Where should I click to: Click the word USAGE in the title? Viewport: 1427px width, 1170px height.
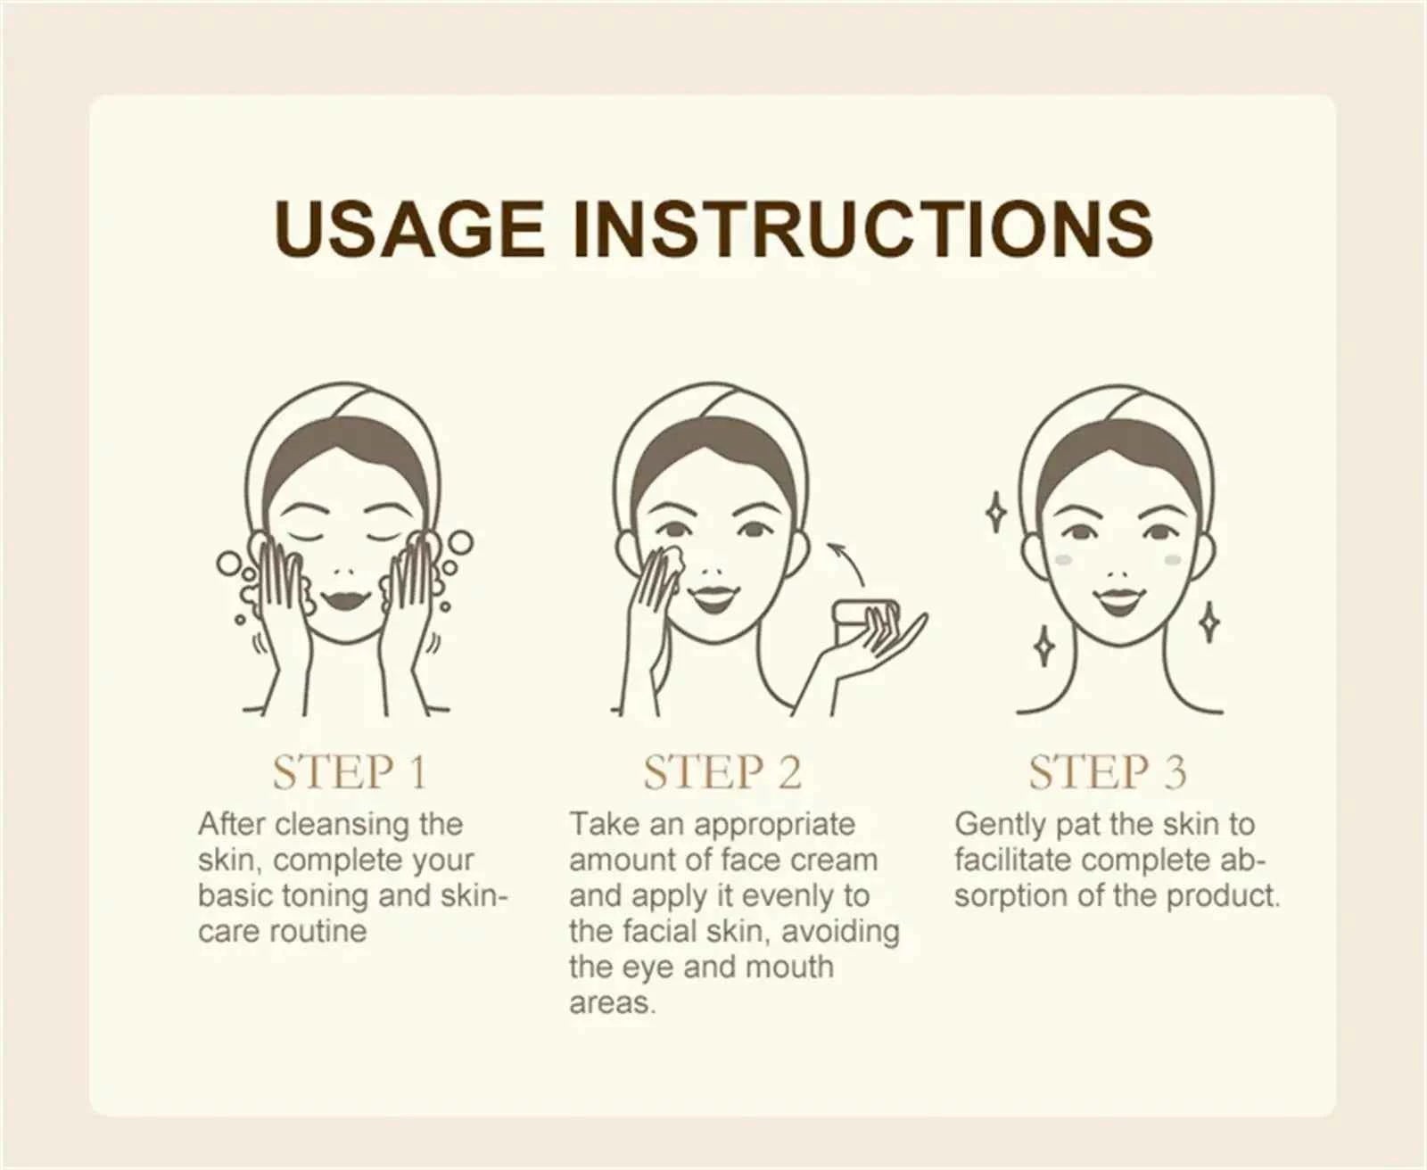tap(409, 229)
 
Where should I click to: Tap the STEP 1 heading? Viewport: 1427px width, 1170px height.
tap(350, 772)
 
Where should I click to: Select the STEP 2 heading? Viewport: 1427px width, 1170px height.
tap(722, 772)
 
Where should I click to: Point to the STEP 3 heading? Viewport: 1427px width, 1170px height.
tap(1108, 772)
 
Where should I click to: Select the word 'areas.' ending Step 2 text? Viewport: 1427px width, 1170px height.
tap(613, 1002)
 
